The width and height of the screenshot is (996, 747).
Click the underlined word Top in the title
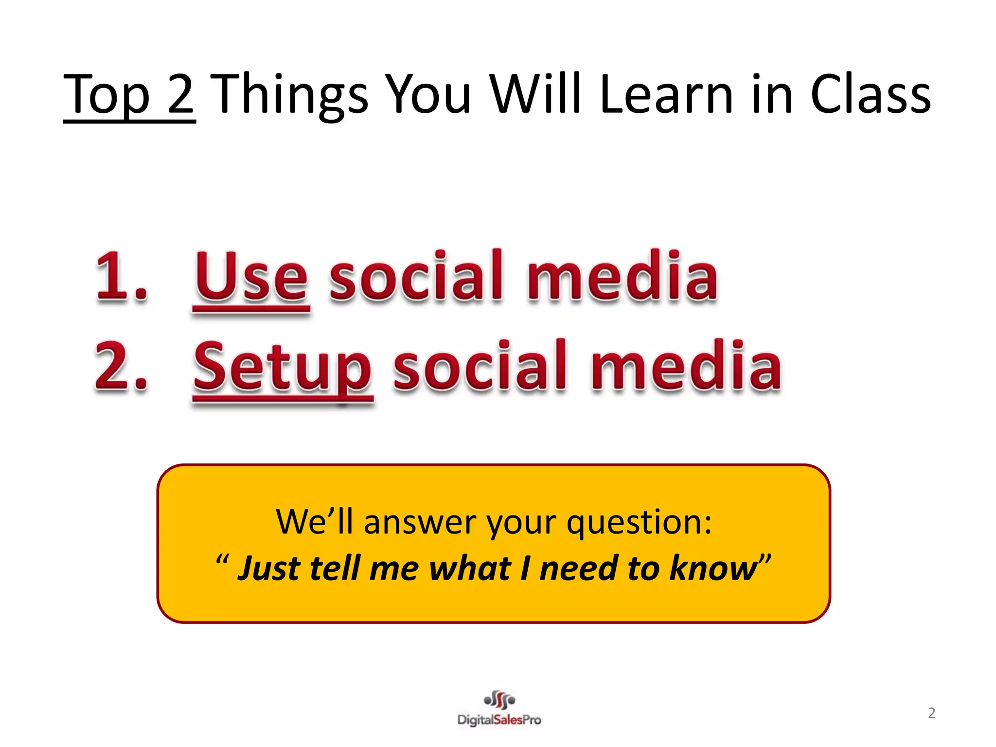point(107,95)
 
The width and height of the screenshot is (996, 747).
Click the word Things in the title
point(291,95)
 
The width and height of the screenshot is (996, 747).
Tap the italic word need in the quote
point(579,568)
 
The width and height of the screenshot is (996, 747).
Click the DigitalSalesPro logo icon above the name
point(499,700)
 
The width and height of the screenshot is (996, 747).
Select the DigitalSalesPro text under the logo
point(499,720)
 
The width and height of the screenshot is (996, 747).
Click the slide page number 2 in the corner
point(931,713)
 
